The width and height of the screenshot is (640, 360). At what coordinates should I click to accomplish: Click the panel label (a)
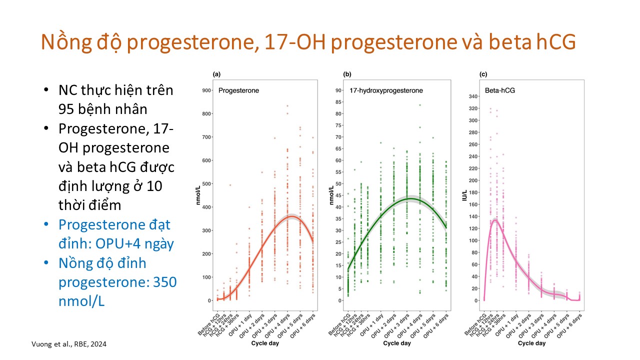216,74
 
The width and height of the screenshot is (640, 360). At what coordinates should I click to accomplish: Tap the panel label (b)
347,74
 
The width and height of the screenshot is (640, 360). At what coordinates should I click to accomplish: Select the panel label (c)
483,74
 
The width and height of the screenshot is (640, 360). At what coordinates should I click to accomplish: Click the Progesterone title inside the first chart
238,90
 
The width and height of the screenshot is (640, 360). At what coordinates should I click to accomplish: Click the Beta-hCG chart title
500,90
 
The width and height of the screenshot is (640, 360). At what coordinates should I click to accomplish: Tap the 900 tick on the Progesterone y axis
205,90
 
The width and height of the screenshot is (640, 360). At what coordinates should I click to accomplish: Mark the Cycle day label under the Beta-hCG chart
531,343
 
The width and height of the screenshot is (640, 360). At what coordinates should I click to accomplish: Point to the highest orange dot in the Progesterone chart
287,106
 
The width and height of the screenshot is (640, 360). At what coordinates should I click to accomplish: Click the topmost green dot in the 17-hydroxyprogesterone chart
420,105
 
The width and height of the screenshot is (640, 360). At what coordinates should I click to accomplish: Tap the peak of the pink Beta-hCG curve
494,220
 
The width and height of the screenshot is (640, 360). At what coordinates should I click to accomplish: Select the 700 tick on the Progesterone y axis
205,137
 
